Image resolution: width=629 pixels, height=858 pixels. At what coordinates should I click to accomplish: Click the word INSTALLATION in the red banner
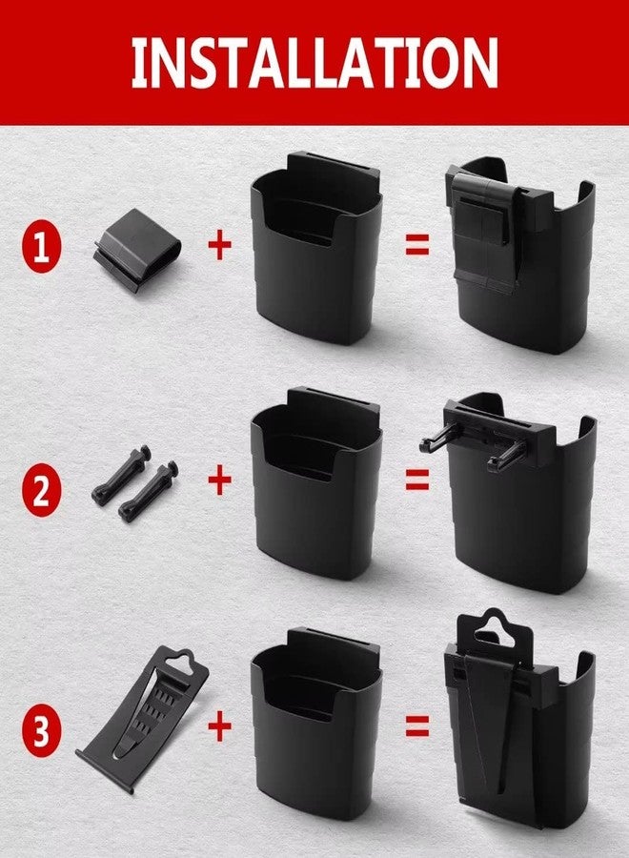point(314,62)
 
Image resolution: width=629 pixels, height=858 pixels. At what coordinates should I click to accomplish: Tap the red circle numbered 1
point(42,246)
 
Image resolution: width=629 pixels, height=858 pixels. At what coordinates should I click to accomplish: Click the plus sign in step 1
point(219,246)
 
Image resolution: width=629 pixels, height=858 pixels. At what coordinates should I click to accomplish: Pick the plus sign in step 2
point(219,481)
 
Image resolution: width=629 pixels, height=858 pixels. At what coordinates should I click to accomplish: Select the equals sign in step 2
point(417,480)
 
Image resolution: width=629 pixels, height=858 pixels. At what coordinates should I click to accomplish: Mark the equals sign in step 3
point(417,726)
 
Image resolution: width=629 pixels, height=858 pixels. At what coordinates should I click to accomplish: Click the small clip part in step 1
point(136,250)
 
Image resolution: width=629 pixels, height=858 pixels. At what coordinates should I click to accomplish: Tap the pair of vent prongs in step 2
point(134,482)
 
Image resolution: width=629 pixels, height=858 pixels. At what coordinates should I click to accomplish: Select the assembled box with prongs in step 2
point(514,493)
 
